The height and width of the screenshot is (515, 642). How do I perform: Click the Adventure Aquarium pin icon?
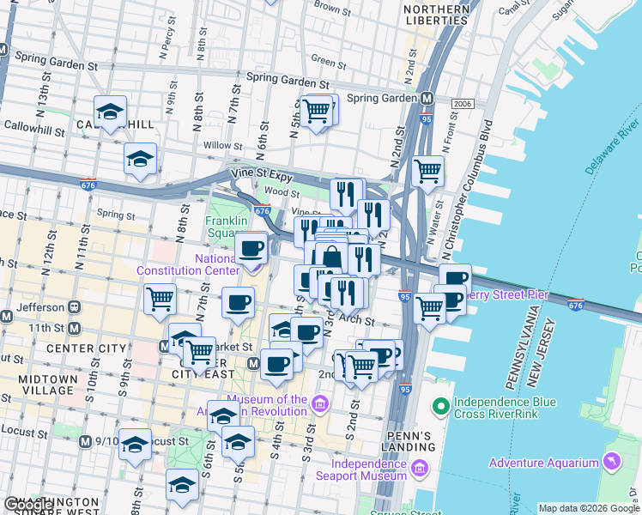tap(612, 462)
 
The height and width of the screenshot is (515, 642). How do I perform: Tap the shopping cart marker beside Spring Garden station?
tap(318, 111)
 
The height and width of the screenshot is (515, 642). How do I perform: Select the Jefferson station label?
tap(39, 306)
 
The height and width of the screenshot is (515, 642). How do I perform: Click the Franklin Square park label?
tap(226, 227)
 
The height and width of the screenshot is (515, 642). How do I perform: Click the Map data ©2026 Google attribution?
tap(589, 507)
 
